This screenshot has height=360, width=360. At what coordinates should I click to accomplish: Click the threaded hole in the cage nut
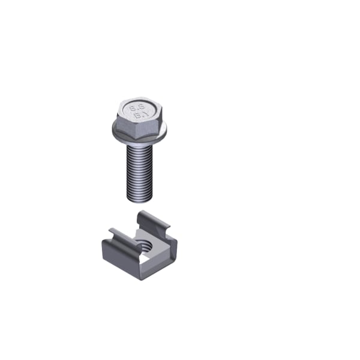145,244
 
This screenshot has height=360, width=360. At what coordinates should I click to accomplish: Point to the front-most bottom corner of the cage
142,277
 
